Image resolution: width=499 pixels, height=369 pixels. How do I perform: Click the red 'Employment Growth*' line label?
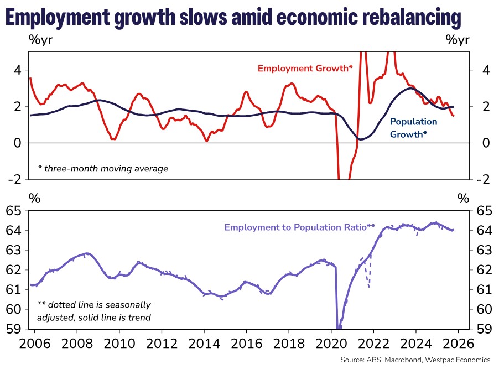coord(305,68)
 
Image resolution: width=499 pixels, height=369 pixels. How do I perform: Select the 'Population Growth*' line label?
coord(413,127)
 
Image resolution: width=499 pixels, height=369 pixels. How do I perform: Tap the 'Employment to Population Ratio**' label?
coord(300,227)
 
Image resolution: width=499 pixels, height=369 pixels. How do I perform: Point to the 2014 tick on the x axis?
coord(204,342)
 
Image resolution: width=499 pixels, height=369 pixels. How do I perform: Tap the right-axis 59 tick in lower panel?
coord(483,328)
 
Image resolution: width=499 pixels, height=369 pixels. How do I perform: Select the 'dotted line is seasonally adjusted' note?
coord(93,310)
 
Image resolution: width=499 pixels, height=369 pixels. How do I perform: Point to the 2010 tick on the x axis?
coord(119,342)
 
